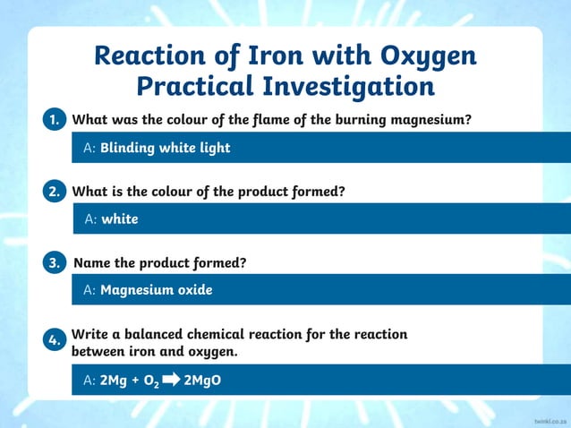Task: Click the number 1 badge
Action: (55, 120)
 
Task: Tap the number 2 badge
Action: (55, 192)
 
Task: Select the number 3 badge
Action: (55, 263)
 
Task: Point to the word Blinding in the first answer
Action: (127, 148)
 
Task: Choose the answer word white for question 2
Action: (119, 219)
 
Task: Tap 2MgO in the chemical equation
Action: (201, 381)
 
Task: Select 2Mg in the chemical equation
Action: (113, 381)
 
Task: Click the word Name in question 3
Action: (92, 263)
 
